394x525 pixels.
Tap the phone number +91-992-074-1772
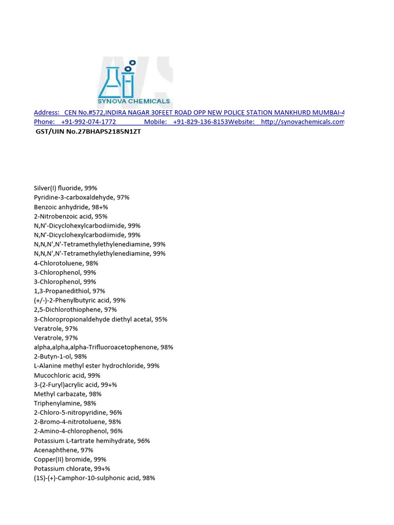pyautogui.click(x=88, y=122)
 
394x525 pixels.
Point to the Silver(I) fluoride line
pyautogui.click(x=65, y=188)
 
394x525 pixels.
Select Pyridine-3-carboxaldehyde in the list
pyautogui.click(x=82, y=197)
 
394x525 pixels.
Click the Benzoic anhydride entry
pyautogui.click(x=71, y=207)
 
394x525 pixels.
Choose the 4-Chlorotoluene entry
pyautogui.click(x=66, y=263)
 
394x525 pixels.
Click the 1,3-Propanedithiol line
pyautogui.click(x=69, y=291)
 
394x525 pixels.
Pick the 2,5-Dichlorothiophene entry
pyautogui.click(x=75, y=310)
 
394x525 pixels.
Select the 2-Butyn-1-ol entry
pyautogui.click(x=61, y=356)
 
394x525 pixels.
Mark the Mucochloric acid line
pyautogui.click(x=67, y=375)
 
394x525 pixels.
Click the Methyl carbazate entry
pyautogui.click(x=68, y=394)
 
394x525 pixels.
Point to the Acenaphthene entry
pyautogui.click(x=64, y=450)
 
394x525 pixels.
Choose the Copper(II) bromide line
pyautogui.click(x=70, y=459)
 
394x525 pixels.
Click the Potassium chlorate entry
pyautogui.click(x=72, y=469)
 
